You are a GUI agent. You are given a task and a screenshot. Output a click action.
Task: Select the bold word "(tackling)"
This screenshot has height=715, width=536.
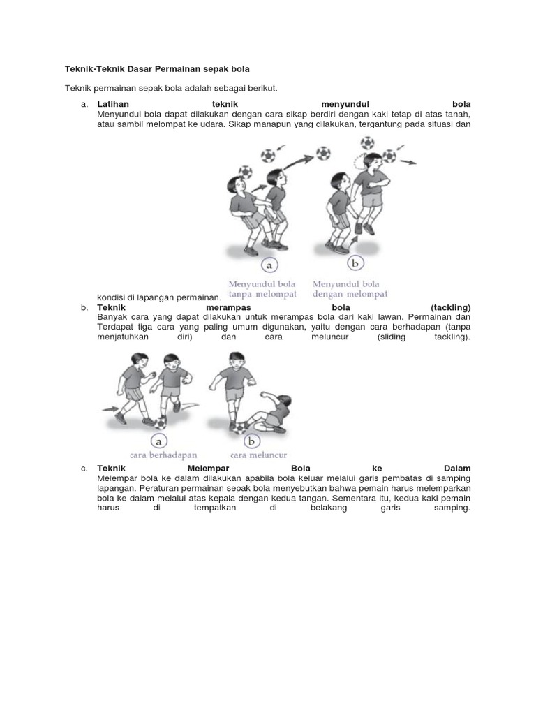coord(451,307)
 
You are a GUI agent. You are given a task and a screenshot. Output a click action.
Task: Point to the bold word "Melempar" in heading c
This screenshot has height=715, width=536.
coord(209,468)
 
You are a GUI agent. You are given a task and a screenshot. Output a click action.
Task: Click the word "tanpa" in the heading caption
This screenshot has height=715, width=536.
coord(241,294)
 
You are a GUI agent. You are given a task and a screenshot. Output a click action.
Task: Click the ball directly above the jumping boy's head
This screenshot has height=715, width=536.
coord(368,142)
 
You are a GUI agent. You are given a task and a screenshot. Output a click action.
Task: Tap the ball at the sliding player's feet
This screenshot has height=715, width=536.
coord(241,427)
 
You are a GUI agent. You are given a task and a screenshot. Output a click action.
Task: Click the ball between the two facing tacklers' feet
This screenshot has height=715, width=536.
coord(161,422)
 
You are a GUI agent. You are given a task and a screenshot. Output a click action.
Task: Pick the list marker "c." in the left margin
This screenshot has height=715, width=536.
coord(84,468)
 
